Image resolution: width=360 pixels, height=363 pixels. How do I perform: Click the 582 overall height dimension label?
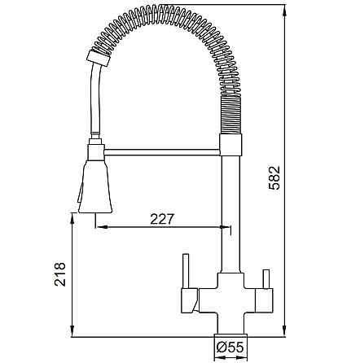pos(274,174)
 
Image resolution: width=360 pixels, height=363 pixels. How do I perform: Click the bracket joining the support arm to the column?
pos(229,147)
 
